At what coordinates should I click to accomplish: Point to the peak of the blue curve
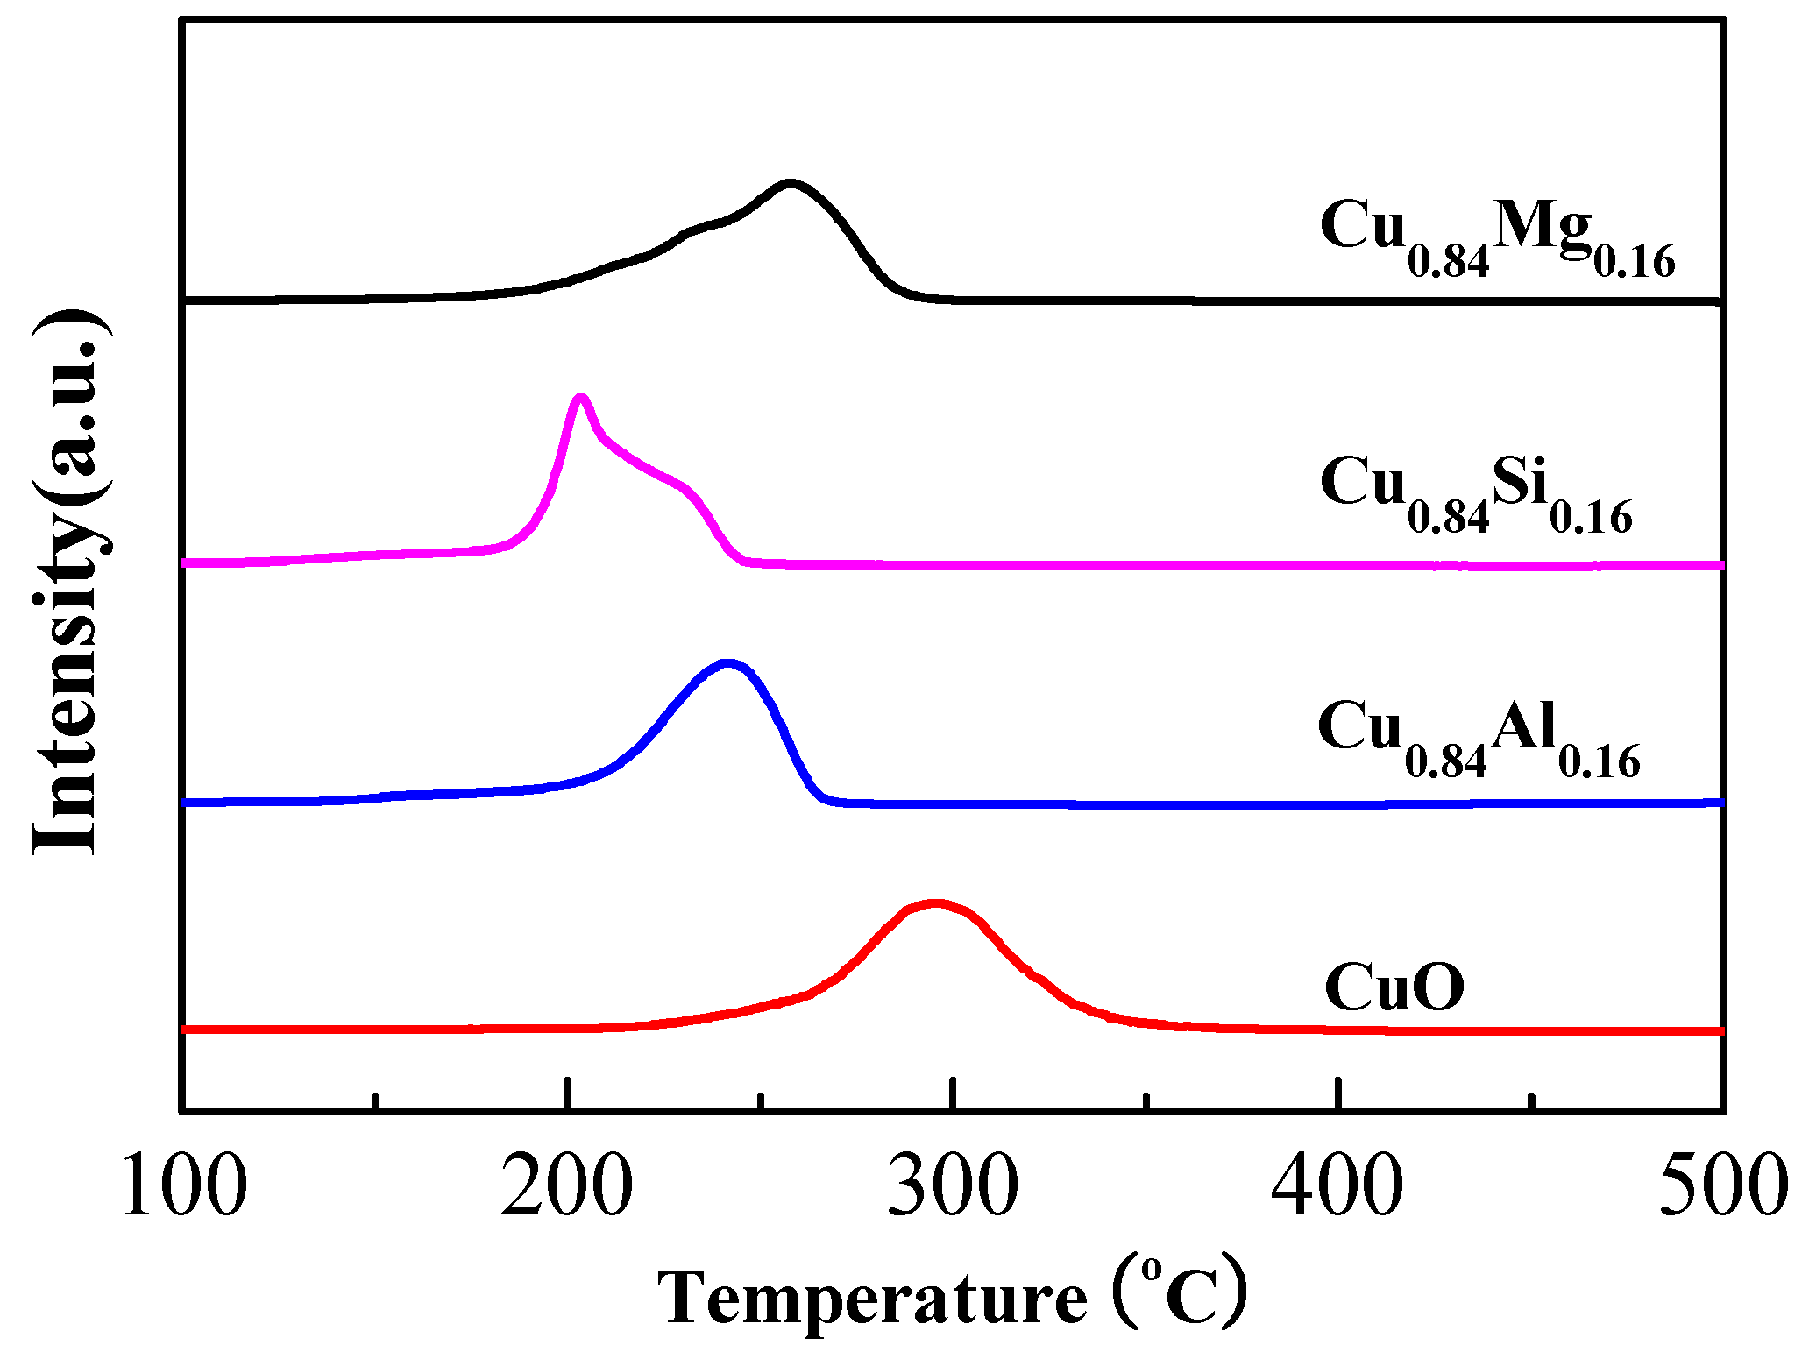coord(727,663)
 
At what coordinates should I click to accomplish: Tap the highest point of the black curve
coord(791,183)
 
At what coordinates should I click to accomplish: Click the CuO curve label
coord(1394,987)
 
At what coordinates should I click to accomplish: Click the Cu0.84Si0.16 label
coord(1476,494)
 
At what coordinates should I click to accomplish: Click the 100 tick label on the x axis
coord(184,1186)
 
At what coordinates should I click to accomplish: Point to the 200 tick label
coord(567,1186)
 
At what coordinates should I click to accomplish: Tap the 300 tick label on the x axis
coord(953,1186)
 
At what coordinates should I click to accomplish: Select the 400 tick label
coord(1337,1186)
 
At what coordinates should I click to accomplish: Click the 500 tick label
coord(1723,1186)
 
